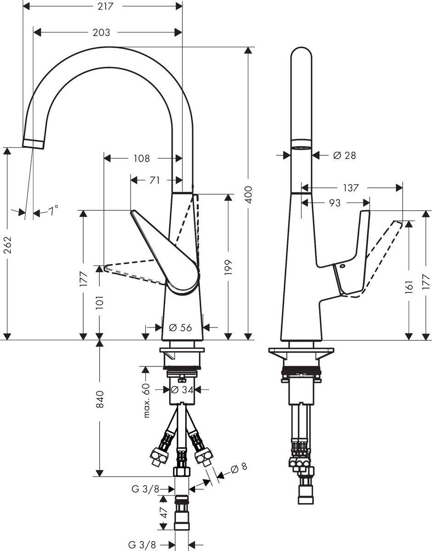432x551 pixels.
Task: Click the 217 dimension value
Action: point(106,6)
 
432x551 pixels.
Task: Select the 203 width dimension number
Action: point(101,33)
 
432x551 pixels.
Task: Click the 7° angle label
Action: point(54,212)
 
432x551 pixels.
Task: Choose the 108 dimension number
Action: point(141,158)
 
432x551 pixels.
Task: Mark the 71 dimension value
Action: point(154,180)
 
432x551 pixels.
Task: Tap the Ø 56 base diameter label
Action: point(180,327)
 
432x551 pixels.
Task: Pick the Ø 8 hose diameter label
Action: point(239,467)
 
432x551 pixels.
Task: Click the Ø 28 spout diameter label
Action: point(344,156)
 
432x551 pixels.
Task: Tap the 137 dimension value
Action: point(351,187)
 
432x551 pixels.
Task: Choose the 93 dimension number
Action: point(335,202)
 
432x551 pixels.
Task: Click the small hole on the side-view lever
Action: point(342,266)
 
